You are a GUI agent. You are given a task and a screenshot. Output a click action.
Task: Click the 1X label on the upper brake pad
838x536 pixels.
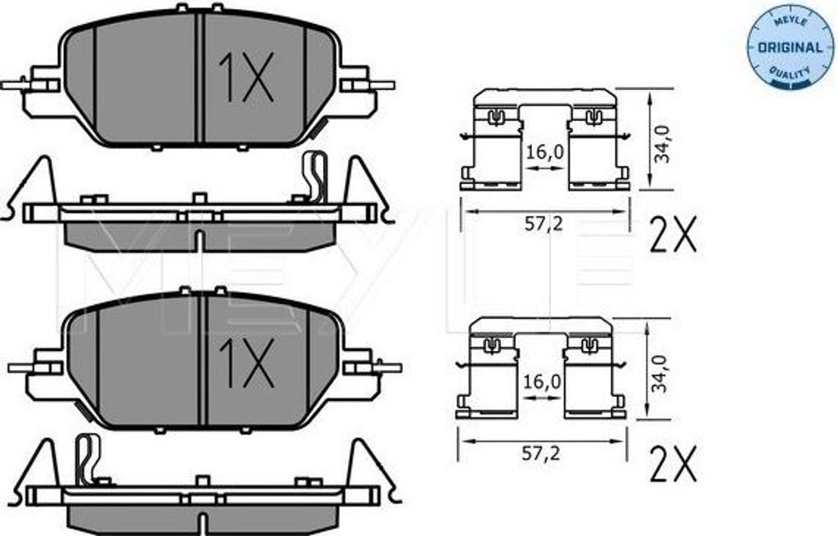(246, 77)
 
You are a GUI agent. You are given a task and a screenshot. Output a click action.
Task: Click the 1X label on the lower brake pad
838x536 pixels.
(247, 363)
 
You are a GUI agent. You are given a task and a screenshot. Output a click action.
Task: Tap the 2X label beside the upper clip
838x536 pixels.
(674, 235)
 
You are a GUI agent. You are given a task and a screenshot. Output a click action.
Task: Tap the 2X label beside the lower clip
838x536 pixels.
(673, 463)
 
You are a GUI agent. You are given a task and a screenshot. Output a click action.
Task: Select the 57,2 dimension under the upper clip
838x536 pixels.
(543, 224)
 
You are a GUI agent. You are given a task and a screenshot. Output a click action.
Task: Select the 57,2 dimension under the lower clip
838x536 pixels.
(540, 453)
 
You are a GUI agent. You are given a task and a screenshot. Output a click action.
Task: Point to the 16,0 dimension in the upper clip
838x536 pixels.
(544, 152)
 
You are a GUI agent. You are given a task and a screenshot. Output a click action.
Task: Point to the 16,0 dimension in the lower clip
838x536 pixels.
(542, 381)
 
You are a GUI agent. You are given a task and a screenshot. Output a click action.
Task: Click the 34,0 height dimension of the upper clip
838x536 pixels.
(663, 143)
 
